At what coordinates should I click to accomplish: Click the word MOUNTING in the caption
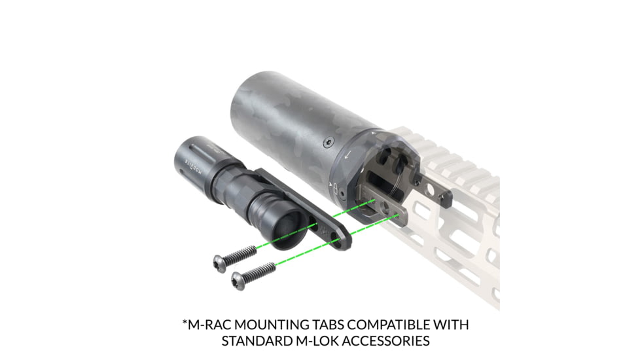(272, 325)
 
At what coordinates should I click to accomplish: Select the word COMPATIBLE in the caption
(393, 325)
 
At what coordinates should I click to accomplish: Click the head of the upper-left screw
(221, 262)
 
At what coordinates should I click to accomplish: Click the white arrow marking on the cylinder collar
(347, 154)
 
